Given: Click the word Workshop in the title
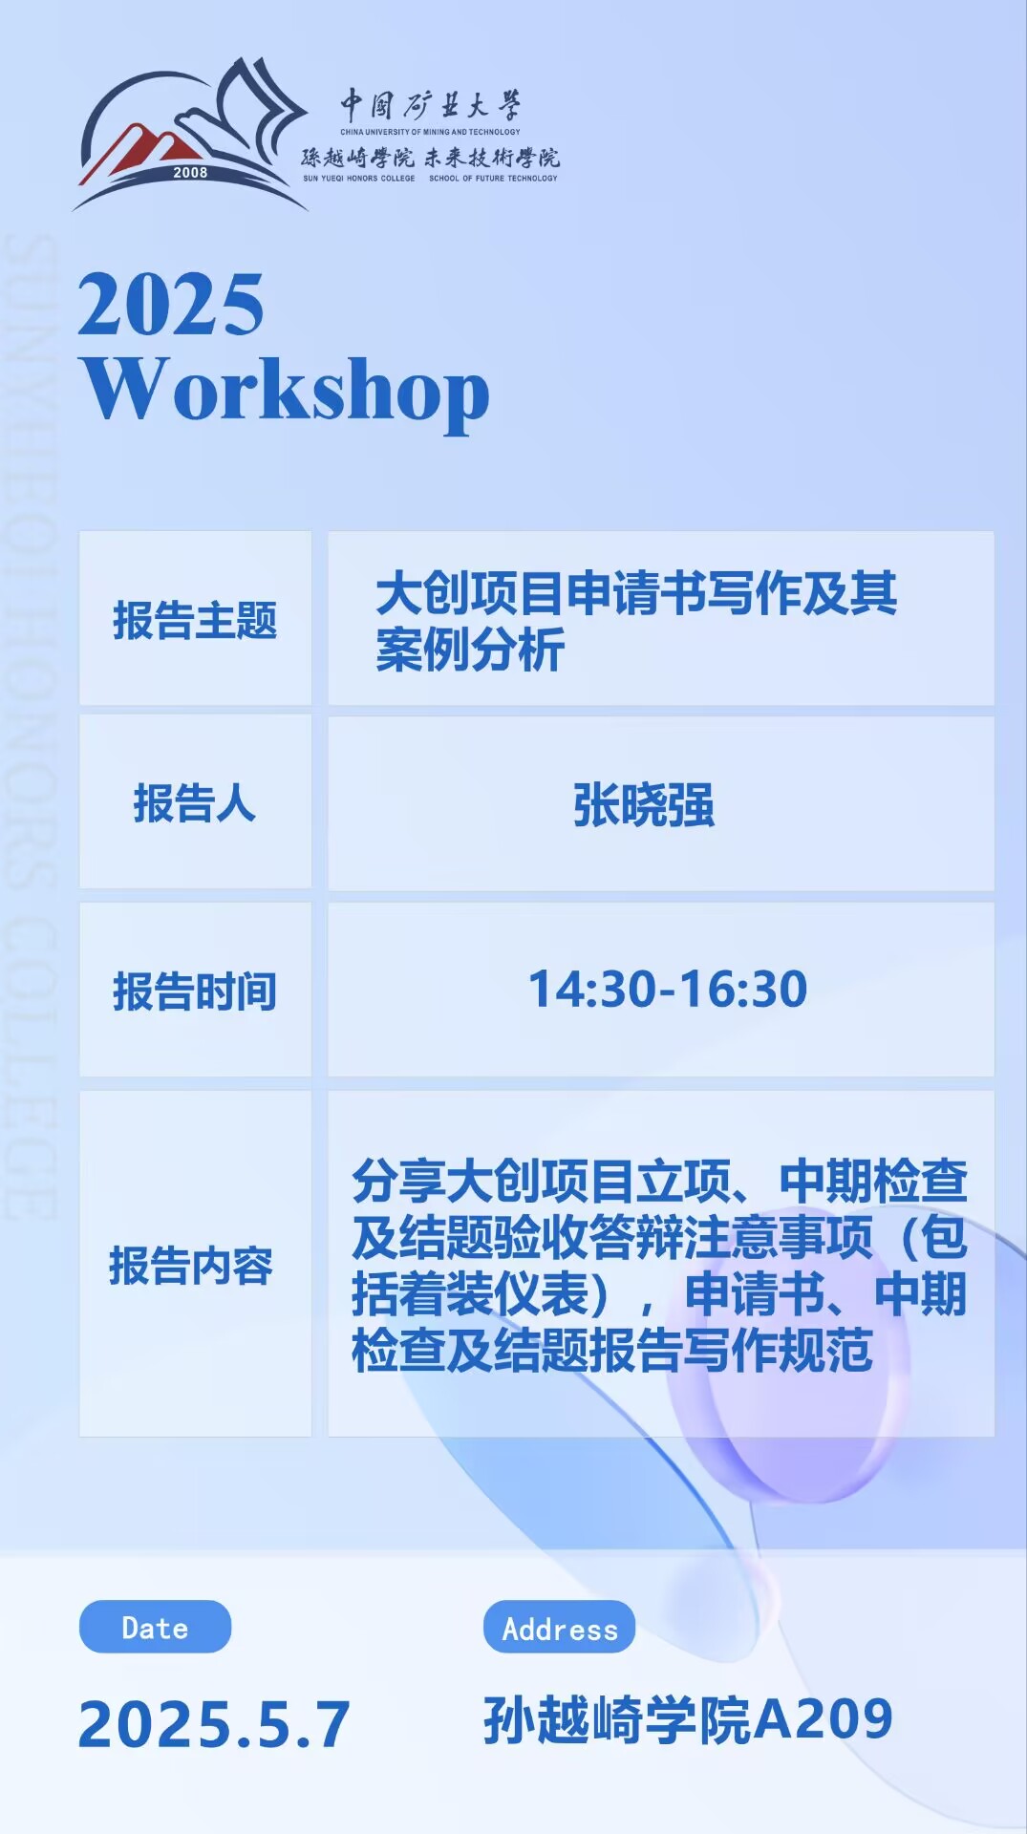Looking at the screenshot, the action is point(285,391).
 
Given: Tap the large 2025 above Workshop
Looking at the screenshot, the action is point(171,304).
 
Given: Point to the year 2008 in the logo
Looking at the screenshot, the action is point(190,173).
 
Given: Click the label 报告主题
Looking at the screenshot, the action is point(195,620).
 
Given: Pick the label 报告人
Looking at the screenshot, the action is point(195,802).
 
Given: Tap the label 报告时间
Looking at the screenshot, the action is point(195,991).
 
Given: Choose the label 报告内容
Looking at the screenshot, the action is point(191,1266).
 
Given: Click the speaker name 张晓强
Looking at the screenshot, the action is point(643,804).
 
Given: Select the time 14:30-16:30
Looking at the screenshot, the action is point(668,989).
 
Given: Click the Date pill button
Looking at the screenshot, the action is point(155,1627).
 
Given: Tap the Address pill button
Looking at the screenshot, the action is point(560,1627).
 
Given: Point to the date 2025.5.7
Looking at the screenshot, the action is point(214,1725).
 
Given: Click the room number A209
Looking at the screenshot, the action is point(824,1719).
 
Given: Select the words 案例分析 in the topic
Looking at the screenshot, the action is point(470,650).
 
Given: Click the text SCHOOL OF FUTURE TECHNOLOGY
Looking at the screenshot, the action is point(493,178).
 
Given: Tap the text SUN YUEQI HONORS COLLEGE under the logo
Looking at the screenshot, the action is point(359,178).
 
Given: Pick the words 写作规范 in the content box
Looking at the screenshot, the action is point(779,1350).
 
